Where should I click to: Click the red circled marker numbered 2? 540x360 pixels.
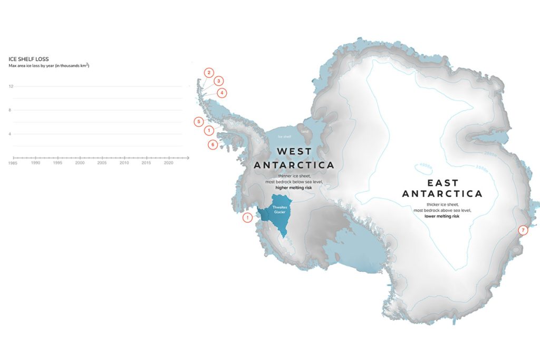[x=209, y=73]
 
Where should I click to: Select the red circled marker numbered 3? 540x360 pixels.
[x=218, y=81]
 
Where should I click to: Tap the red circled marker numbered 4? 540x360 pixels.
[x=223, y=93]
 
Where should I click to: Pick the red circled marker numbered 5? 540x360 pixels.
[x=198, y=122]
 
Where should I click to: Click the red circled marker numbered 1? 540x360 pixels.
[x=209, y=130]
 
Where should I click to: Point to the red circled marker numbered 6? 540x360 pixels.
[x=213, y=144]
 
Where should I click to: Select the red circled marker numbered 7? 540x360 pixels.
[x=523, y=230]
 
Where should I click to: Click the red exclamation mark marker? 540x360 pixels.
[x=247, y=218]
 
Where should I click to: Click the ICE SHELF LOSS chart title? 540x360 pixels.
[x=29, y=59]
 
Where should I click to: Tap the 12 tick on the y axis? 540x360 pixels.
[x=11, y=86]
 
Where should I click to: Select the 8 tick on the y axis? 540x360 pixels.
[x=10, y=110]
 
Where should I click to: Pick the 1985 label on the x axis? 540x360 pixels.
[x=13, y=163]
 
